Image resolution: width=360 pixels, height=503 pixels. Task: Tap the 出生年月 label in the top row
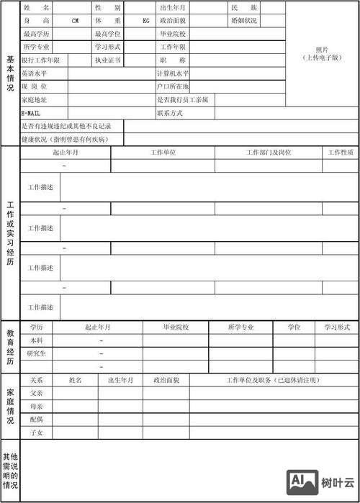pos(173,7)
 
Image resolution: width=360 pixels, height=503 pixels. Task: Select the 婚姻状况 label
pos(244,21)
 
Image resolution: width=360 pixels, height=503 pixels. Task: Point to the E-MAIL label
pos(30,113)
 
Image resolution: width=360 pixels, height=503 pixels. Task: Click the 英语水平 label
pos(35,73)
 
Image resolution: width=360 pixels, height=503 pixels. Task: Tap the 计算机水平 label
pos(172,73)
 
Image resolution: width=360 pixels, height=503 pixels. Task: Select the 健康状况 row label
pos(64,139)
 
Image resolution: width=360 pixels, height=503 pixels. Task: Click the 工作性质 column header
pos(341,153)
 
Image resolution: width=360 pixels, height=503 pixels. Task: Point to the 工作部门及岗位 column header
pos(269,153)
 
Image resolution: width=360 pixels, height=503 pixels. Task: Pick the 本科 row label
pos(36,340)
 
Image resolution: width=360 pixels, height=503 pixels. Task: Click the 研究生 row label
pos(36,353)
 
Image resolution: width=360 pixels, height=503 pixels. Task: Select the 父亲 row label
pos(36,393)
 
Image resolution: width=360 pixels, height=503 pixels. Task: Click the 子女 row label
pos(36,432)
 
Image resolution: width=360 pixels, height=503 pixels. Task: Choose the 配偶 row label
pos(36,419)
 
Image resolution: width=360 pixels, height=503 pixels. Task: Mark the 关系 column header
pos(36,379)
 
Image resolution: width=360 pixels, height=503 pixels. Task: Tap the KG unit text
pos(146,21)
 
